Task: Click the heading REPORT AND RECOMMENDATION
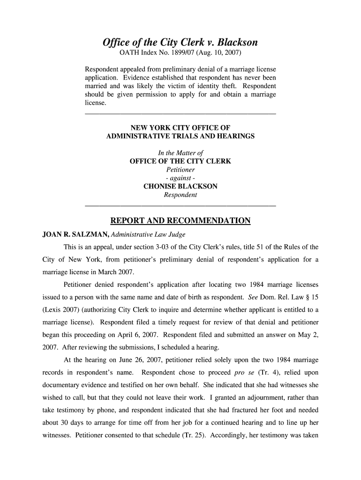(x=180, y=221)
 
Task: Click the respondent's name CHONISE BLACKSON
(x=180, y=187)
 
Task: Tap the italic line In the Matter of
(x=180, y=153)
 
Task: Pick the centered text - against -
(x=180, y=178)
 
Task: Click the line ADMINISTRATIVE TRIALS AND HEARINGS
(x=180, y=136)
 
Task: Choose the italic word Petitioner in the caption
(x=180, y=170)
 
